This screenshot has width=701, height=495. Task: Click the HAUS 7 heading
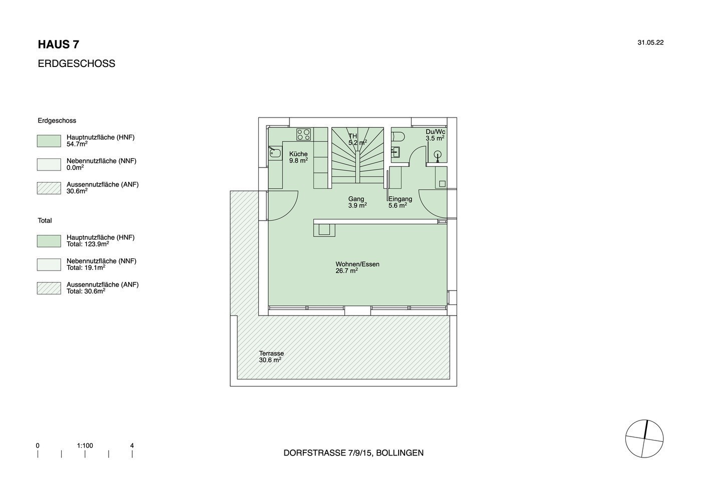[59, 44]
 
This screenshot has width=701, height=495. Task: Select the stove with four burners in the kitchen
[304, 134]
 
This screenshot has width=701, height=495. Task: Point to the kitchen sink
[275, 152]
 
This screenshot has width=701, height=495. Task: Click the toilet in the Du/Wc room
[399, 136]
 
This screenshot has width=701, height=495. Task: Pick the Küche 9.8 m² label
[298, 157]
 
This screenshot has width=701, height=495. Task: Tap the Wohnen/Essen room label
[358, 267]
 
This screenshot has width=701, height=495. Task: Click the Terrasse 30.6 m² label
[271, 356]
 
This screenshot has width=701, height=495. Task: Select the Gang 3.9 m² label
[358, 202]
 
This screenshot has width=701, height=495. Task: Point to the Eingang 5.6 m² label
[400, 202]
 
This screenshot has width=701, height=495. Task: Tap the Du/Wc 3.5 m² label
[435, 135]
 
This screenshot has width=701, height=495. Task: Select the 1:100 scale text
[85, 445]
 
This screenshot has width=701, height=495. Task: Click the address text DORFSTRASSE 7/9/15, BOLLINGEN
[354, 453]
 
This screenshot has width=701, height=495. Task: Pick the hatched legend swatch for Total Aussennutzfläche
[49, 288]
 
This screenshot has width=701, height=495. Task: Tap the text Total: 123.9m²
[88, 244]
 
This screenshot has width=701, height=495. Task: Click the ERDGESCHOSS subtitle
[77, 63]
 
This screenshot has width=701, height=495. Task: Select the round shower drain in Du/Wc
[438, 154]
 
